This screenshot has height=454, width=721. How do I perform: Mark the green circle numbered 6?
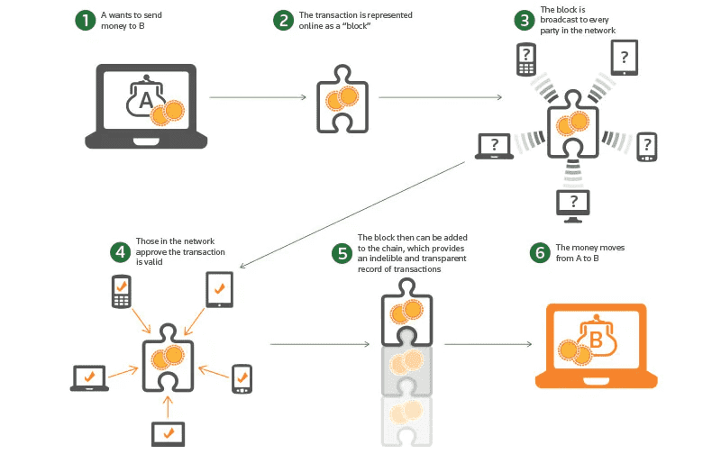(x=540, y=252)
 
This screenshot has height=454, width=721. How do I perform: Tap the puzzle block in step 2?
(x=342, y=98)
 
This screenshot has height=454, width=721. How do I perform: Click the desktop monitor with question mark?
(x=574, y=204)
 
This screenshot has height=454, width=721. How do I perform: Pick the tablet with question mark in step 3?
(x=625, y=58)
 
